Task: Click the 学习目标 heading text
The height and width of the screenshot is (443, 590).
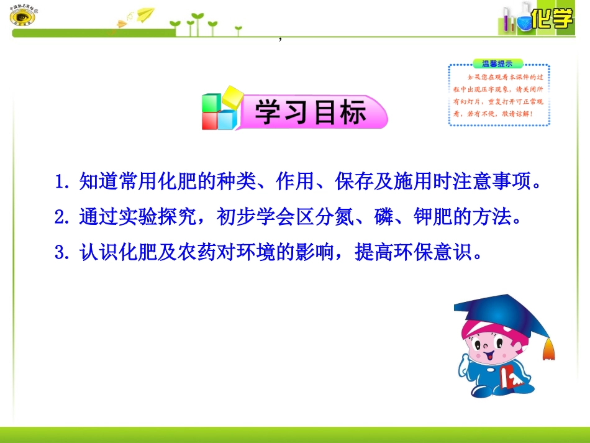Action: coord(310,112)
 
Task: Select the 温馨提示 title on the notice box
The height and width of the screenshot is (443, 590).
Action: coord(498,63)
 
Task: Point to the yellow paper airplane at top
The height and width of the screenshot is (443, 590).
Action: coord(145,13)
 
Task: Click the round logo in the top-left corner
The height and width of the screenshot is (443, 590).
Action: coord(23,17)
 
